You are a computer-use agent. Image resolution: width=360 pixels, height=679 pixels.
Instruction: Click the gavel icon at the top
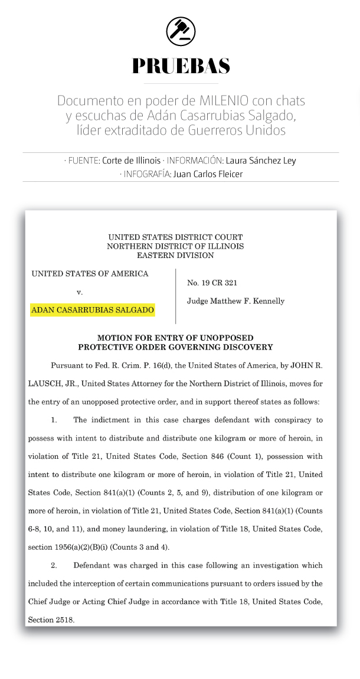tap(181, 31)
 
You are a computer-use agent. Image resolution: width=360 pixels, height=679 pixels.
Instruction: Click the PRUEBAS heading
tap(181, 66)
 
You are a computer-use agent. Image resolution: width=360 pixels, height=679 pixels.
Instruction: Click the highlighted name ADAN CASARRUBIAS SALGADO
tap(93, 309)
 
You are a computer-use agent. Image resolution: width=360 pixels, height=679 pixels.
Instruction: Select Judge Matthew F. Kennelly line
tap(235, 301)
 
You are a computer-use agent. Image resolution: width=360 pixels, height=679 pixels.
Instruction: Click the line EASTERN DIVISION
tap(175, 256)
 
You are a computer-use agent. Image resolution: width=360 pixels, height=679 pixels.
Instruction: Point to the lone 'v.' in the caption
tap(79, 292)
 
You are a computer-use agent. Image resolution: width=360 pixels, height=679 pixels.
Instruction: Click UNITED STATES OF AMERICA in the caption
tap(90, 274)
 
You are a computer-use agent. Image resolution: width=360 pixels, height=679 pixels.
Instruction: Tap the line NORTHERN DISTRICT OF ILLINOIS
tap(175, 246)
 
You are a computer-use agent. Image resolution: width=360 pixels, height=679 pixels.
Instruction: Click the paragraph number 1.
tap(54, 420)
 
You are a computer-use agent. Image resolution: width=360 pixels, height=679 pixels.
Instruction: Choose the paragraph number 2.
tap(54, 565)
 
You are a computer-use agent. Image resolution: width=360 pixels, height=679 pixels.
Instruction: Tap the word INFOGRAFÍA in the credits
tap(148, 174)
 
